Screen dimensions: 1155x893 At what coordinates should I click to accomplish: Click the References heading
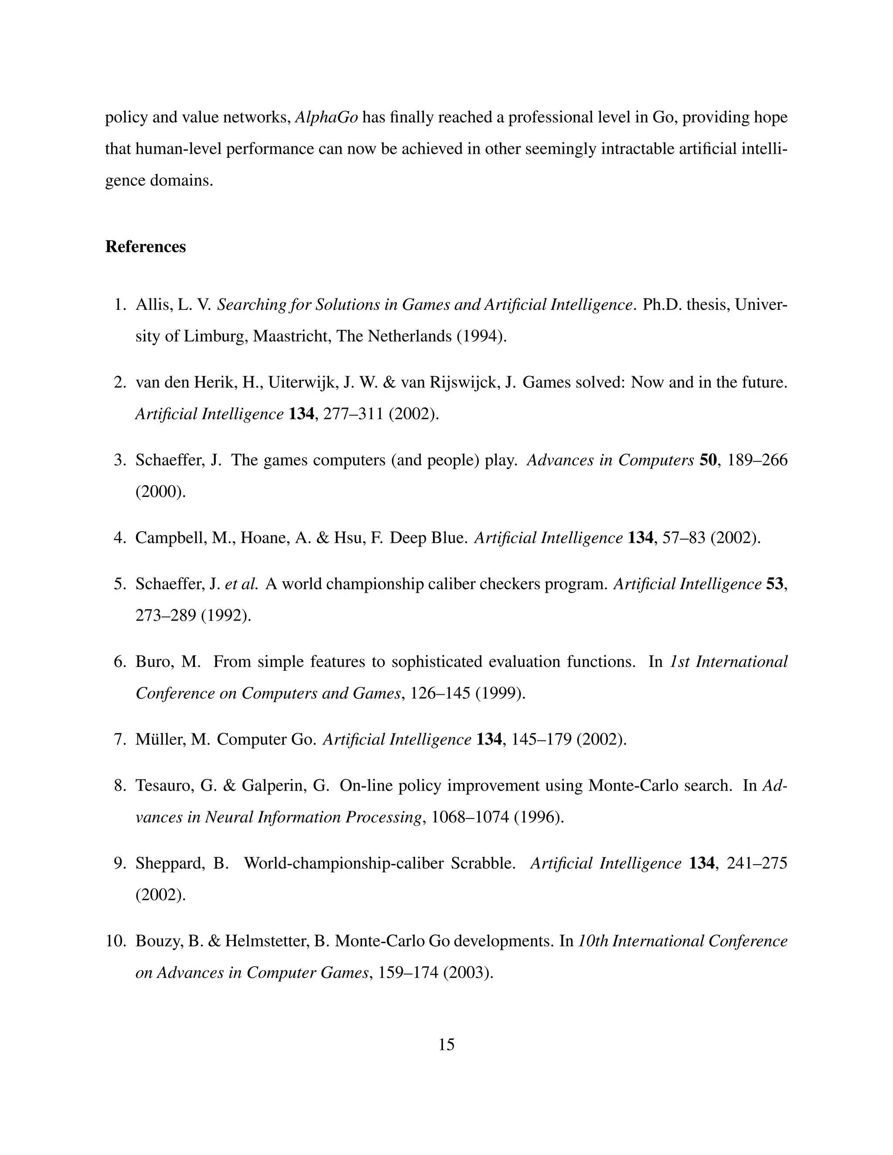point(146,247)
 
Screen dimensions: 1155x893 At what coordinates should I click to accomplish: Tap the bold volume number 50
point(708,460)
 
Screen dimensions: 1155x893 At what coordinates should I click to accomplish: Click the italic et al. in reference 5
point(241,584)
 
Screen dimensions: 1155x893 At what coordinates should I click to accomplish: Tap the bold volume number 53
point(774,584)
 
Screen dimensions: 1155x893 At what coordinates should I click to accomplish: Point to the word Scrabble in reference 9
point(483,863)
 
